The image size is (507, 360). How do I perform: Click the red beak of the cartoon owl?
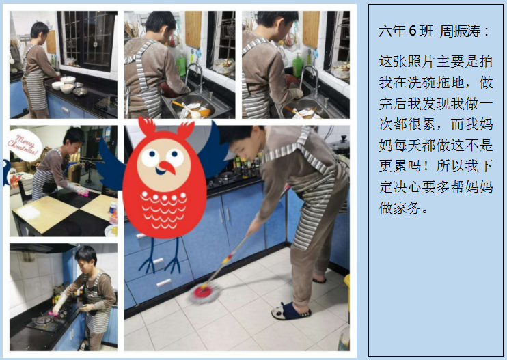coord(167,167)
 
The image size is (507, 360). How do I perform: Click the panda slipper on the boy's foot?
coord(290,311)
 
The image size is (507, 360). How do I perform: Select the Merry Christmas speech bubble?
coord(24,145)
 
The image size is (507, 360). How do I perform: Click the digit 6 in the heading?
coord(412,31)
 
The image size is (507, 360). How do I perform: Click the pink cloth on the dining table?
coord(83,192)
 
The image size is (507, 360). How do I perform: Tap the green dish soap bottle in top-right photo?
coord(297,65)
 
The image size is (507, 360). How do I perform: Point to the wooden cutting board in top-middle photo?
coord(193,30)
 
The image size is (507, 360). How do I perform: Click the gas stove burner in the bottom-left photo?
coord(43,320)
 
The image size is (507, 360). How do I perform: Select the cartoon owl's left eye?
coord(151,156)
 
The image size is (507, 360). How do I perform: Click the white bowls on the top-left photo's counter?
coord(66,84)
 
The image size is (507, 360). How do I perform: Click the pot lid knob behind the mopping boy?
coord(344,138)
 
